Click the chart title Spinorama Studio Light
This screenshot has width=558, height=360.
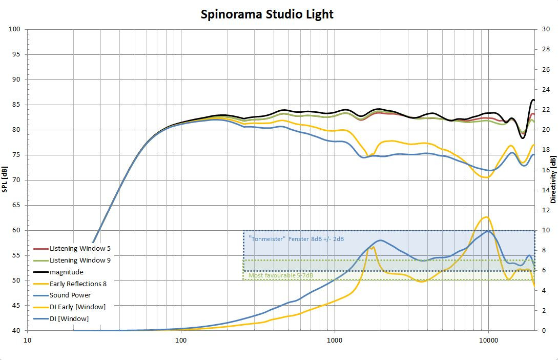click(266, 14)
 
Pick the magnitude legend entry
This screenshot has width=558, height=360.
click(66, 272)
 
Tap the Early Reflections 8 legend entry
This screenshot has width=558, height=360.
click(78, 284)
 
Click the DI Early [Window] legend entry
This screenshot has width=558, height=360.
click(77, 307)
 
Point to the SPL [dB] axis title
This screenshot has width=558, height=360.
click(5, 179)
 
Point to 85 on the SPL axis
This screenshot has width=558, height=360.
click(16, 105)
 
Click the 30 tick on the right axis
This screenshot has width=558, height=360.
click(546, 29)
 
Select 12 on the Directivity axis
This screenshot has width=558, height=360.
click(546, 210)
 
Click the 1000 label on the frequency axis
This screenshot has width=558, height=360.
click(335, 340)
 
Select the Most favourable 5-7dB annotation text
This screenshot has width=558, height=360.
click(281, 276)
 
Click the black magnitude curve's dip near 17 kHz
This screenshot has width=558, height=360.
click(523, 137)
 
